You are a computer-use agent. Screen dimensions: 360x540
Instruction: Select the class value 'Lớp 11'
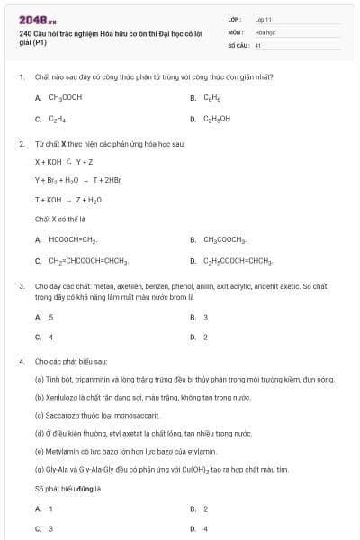[264, 19]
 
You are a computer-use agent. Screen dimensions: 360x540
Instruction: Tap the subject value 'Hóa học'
[265, 31]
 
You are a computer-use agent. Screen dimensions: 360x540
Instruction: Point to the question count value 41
[258, 44]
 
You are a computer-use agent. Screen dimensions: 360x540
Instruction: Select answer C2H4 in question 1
[58, 118]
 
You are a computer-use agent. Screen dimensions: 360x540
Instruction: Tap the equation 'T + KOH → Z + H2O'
[68, 200]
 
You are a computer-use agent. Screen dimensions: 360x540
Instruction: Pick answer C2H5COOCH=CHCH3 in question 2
[238, 261]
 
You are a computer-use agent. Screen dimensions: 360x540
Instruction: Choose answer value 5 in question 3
[51, 317]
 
